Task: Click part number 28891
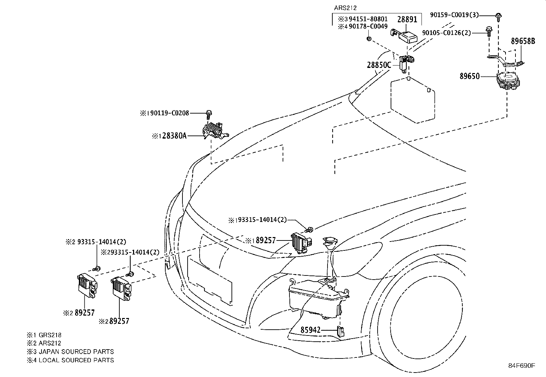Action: [x=407, y=19]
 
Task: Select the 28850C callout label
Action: [x=379, y=65]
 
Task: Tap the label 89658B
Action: [x=523, y=42]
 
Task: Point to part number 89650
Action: [x=470, y=76]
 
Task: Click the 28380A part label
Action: [x=174, y=136]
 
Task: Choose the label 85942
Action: [x=310, y=330]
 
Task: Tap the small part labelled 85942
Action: [x=341, y=331]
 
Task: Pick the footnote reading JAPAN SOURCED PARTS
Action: [x=76, y=352]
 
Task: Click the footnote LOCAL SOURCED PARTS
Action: [x=76, y=360]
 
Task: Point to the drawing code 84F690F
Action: [x=521, y=366]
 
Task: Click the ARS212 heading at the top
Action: [x=345, y=8]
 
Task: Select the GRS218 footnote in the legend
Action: [x=50, y=335]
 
